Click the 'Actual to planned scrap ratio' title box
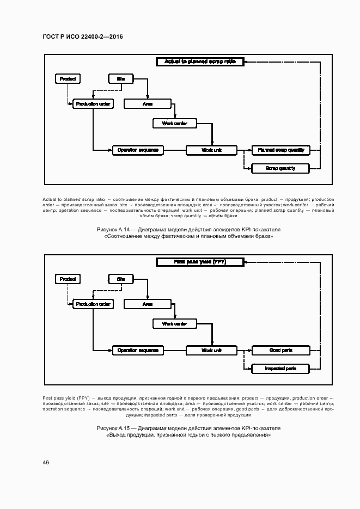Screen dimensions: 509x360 click(x=200, y=62)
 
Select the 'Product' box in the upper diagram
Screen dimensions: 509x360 click(x=68, y=79)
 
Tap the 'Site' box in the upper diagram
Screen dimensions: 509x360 click(x=120, y=79)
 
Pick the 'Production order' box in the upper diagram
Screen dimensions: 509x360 click(x=93, y=103)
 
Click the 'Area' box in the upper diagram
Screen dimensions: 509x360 click(x=147, y=103)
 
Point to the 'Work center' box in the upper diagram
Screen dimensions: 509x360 click(x=174, y=124)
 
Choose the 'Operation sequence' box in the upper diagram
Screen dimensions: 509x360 click(x=138, y=150)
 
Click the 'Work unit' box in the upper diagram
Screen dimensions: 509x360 click(x=211, y=150)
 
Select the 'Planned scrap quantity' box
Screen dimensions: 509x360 click(x=280, y=150)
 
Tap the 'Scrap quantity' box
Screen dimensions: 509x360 click(x=280, y=168)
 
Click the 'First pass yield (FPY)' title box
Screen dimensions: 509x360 click(x=200, y=262)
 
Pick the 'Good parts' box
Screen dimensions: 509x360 click(x=280, y=350)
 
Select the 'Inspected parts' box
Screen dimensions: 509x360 click(x=280, y=369)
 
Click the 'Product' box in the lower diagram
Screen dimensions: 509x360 click(x=68, y=279)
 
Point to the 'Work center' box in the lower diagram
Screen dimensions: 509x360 click(x=174, y=324)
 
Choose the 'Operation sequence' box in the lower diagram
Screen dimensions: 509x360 click(x=138, y=350)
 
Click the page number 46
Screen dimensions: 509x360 click(x=46, y=462)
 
